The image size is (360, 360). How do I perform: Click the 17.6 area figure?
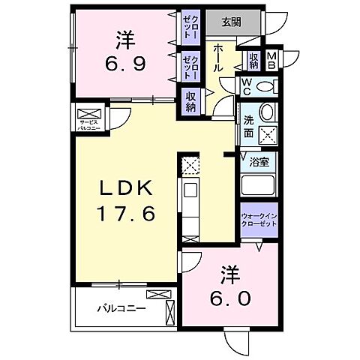click(124, 214)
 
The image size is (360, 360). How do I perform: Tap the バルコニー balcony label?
click(120, 307)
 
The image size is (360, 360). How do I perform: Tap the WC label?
click(246, 86)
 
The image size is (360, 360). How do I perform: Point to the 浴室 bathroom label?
click(267, 160)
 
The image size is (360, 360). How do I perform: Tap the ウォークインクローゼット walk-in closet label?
click(259, 220)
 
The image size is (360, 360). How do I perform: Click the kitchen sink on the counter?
click(190, 190)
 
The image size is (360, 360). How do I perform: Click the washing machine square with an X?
click(267, 134)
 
